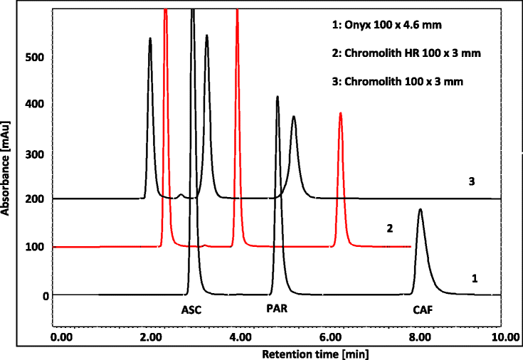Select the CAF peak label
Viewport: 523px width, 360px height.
coord(423,310)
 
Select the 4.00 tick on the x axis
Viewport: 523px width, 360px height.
coord(241,336)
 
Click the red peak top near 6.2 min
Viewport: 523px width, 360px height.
coord(341,113)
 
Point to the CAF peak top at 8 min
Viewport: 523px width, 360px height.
coord(420,209)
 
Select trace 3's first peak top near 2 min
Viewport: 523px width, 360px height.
coord(150,38)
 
